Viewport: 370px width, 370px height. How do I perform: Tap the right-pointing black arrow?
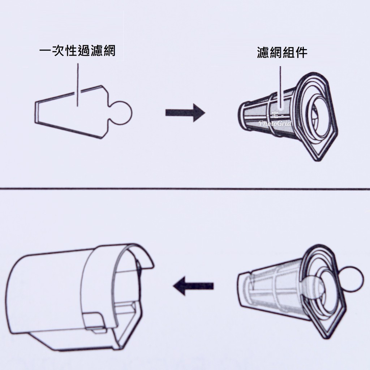click(x=185, y=112)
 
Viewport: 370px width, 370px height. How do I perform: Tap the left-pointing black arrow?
click(x=193, y=286)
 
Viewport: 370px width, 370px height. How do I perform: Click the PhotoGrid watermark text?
click(x=275, y=123)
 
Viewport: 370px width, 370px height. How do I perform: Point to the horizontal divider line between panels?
click(x=185, y=189)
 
